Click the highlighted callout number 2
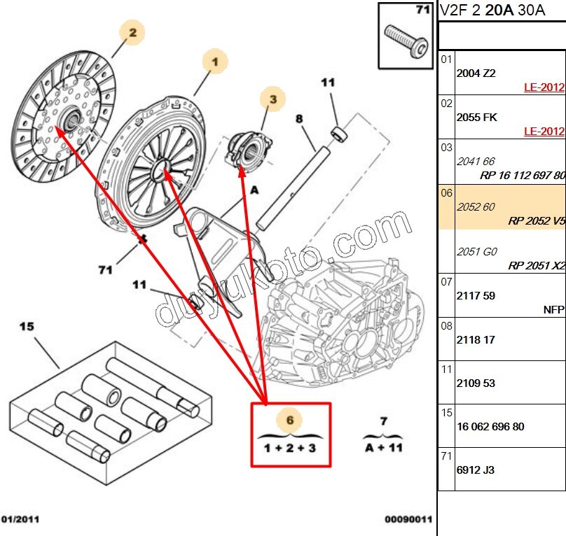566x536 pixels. (x=132, y=32)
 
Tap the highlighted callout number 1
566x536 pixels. (x=216, y=62)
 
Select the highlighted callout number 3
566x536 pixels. (x=273, y=100)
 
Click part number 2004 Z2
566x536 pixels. (x=476, y=73)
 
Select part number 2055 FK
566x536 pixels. (x=476, y=118)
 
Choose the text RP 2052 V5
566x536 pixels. (x=537, y=221)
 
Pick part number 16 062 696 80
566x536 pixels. (x=490, y=427)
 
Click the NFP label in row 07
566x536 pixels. (x=553, y=309)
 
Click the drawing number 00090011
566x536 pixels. (x=408, y=519)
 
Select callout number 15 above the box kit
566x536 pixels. (x=27, y=326)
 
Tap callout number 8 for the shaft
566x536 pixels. (x=299, y=119)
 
